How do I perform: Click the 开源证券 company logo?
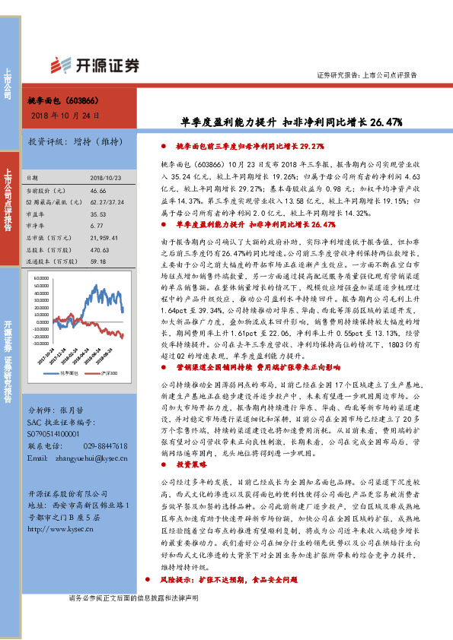(x=95, y=65)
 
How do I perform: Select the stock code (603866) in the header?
(x=81, y=100)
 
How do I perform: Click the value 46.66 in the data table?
(x=97, y=190)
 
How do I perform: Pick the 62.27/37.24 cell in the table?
(x=106, y=201)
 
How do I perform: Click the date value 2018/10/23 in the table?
(x=106, y=176)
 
